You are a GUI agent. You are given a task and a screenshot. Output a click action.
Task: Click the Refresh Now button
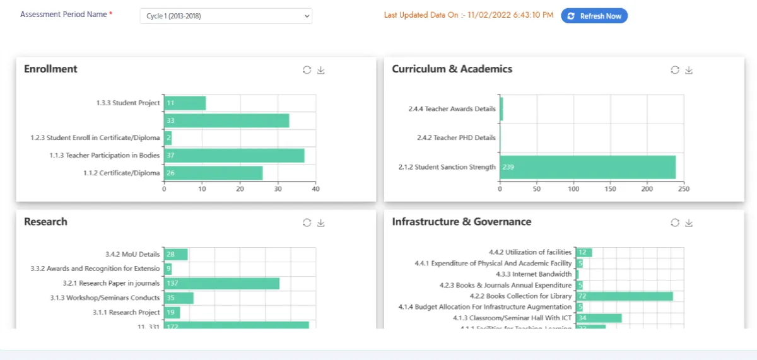[594, 16]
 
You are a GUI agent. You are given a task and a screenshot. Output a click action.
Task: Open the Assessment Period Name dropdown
[226, 16]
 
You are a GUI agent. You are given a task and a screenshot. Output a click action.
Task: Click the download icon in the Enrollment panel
[321, 70]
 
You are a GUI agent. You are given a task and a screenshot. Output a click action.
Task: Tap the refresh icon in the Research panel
[307, 223]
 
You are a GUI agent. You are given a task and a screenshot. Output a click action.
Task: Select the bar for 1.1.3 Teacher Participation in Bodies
[234, 155]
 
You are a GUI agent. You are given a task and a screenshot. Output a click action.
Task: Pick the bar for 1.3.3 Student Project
[185, 103]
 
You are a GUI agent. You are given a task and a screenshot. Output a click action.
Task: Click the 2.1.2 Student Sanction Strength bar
[587, 167]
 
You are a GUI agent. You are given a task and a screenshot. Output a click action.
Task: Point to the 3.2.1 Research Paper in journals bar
[221, 283]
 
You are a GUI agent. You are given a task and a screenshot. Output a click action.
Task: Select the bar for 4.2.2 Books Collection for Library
[624, 296]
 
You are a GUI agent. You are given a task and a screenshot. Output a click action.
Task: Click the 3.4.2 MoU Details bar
[176, 254]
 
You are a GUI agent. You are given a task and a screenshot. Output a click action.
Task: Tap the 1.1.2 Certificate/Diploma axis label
[122, 173]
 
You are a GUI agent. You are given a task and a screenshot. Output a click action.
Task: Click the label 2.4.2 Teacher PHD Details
[456, 137]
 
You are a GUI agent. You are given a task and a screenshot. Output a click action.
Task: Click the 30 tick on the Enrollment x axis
[278, 189]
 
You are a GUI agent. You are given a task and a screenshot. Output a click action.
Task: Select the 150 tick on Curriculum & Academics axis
[610, 189]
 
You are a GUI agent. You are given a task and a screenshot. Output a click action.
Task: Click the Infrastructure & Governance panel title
[461, 221]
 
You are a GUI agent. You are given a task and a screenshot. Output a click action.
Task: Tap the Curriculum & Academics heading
[452, 69]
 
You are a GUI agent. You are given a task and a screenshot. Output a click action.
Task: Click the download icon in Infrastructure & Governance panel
[689, 223]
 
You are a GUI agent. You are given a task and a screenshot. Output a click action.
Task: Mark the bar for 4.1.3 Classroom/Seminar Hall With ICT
[599, 318]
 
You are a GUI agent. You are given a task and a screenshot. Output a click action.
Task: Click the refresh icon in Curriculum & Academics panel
[675, 70]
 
